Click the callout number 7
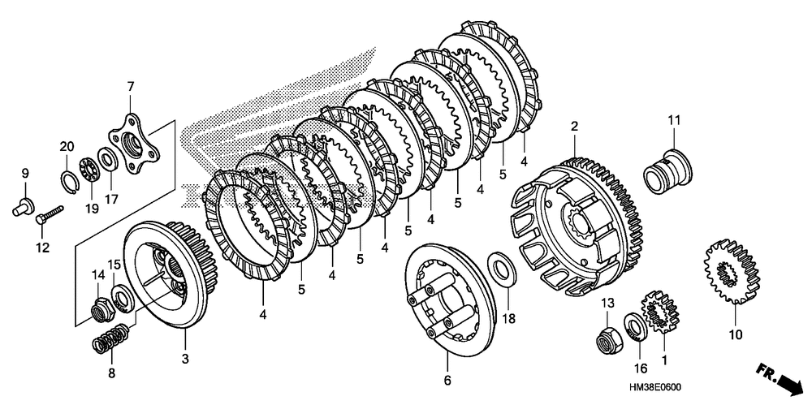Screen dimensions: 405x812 click(x=130, y=86)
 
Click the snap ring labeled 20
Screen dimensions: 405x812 click(x=67, y=177)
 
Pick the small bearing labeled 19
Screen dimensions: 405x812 click(x=89, y=173)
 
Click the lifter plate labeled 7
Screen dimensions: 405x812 click(x=136, y=141)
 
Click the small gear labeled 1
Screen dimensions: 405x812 click(x=657, y=314)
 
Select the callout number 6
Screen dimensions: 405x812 click(x=447, y=380)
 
